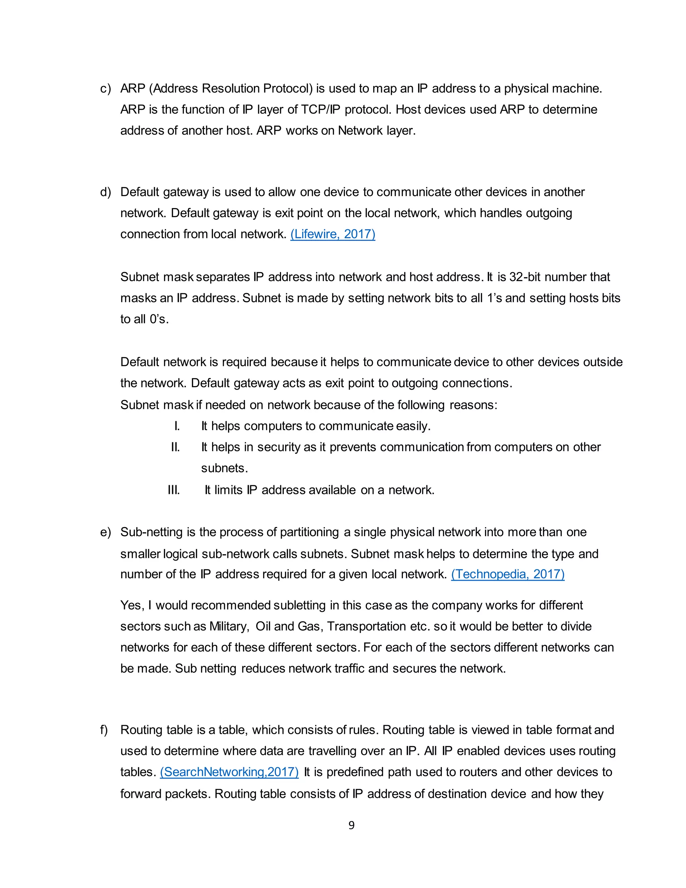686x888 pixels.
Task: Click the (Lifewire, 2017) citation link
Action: point(332,234)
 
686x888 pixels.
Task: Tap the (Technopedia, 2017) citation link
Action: point(507,574)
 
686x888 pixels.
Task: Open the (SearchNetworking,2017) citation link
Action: point(229,772)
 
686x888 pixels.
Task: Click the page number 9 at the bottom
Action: point(351,825)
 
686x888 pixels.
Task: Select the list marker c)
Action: point(105,89)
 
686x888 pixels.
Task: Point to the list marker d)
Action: point(105,192)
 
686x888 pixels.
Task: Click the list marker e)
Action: point(105,532)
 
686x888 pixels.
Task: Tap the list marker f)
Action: point(104,730)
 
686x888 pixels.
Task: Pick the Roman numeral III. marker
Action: point(174,490)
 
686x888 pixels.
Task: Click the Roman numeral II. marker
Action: point(175,447)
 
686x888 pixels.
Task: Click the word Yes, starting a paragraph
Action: point(132,606)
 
